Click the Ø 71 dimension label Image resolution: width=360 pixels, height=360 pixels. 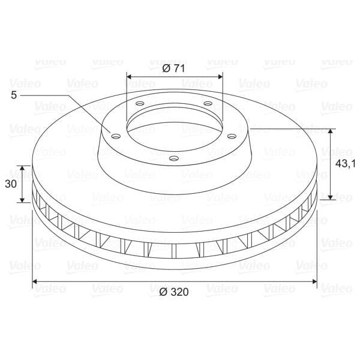coord(173,68)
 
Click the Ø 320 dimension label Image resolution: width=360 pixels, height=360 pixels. coord(174,292)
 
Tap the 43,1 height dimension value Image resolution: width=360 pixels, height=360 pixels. coord(345,163)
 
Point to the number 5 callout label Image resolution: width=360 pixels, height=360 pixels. coord(14,95)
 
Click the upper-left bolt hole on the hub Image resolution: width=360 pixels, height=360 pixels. coord(140,103)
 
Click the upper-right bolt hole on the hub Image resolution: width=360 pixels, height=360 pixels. coord(208,103)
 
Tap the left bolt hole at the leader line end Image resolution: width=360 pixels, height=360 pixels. coord(116,137)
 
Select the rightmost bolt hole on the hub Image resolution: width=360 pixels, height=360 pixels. coord(232,137)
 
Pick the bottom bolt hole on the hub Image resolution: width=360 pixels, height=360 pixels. coord(174,158)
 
